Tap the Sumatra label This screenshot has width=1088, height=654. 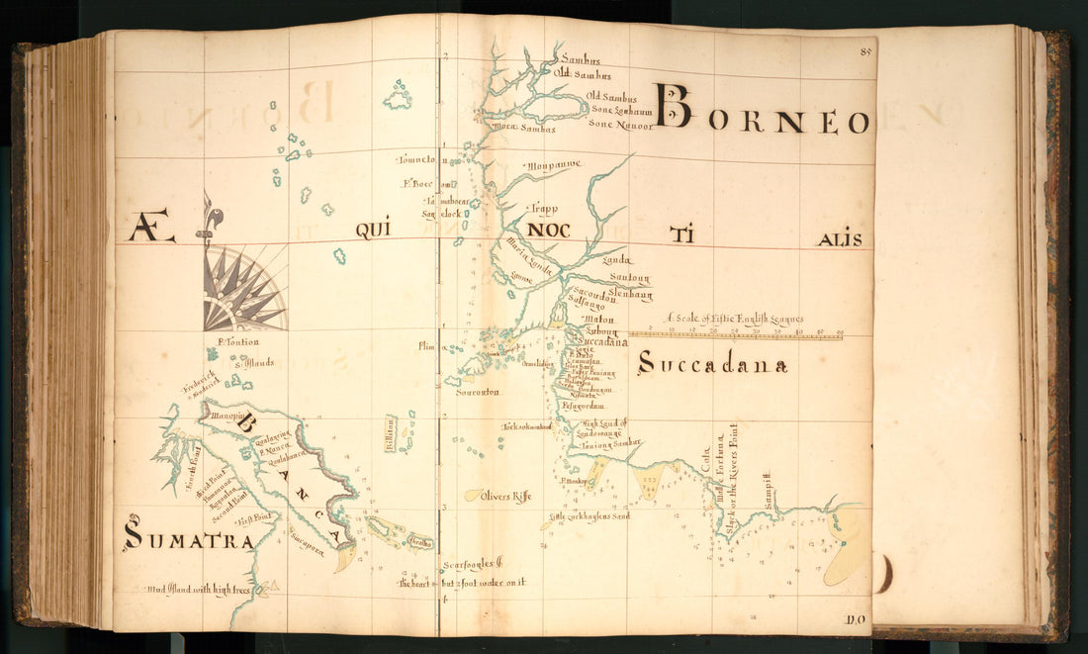tap(188, 537)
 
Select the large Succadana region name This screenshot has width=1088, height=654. tap(712, 365)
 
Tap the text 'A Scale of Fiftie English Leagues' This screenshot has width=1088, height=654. tap(735, 319)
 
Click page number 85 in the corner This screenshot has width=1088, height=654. tap(866, 50)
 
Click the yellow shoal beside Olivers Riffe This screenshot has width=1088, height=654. tap(475, 495)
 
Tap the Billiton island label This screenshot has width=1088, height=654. tap(391, 433)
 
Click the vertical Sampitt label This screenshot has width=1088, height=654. tap(767, 491)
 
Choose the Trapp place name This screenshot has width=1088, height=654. tap(544, 209)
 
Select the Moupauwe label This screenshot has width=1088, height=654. tap(553, 164)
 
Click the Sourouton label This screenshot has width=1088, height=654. tap(477, 392)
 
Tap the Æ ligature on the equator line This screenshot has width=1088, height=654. tap(151, 231)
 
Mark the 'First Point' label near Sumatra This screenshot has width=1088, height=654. tap(256, 516)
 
